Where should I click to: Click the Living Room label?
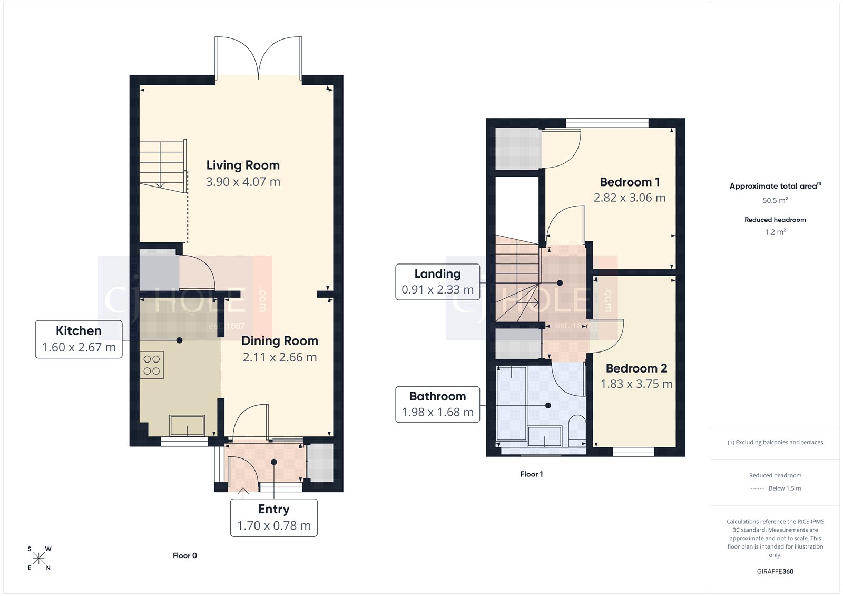pos(243,165)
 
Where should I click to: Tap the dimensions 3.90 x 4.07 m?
pos(243,182)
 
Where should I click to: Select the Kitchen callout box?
pos(79,339)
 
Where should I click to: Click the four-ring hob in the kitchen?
pos(152,365)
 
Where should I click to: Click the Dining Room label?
pos(279,341)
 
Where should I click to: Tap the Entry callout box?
pos(274,517)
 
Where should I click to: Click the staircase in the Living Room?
pos(162,166)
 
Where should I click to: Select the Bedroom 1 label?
pos(630,182)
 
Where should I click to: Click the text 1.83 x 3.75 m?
pos(636,384)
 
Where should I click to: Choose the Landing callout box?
pos(437,282)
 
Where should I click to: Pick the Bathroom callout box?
pos(437,404)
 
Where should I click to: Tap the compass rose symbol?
pos(39,559)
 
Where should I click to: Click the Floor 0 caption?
pos(185,555)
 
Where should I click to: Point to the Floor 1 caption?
pos(531,474)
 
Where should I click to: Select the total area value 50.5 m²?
pos(775,200)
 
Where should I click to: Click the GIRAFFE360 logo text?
pos(775,571)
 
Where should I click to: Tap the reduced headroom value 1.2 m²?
pos(775,232)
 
